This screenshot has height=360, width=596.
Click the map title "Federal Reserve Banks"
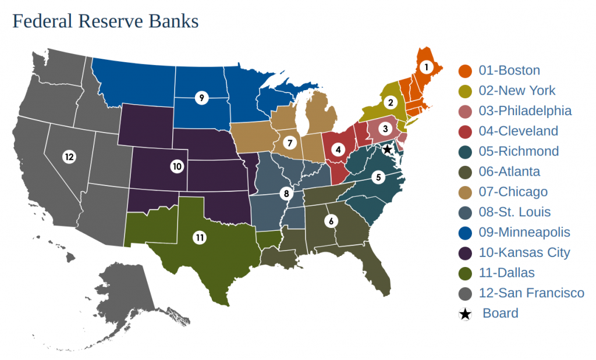[105, 22]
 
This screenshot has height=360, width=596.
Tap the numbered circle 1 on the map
[426, 67]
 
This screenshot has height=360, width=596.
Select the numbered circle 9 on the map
[201, 98]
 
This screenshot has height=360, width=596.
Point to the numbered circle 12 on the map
[69, 156]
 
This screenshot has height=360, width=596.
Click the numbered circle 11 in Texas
[200, 237]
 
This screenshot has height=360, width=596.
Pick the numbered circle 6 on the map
[331, 221]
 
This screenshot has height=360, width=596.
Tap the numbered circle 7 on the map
[289, 142]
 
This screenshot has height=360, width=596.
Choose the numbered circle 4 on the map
[337, 149]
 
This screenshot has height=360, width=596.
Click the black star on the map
[387, 150]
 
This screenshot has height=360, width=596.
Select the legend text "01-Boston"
[509, 70]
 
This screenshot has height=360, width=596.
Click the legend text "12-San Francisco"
[531, 293]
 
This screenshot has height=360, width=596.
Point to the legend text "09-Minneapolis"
[524, 233]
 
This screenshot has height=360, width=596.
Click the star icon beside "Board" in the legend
[466, 314]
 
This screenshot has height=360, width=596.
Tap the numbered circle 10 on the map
[177, 166]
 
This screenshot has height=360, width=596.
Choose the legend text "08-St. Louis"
[515, 212]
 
